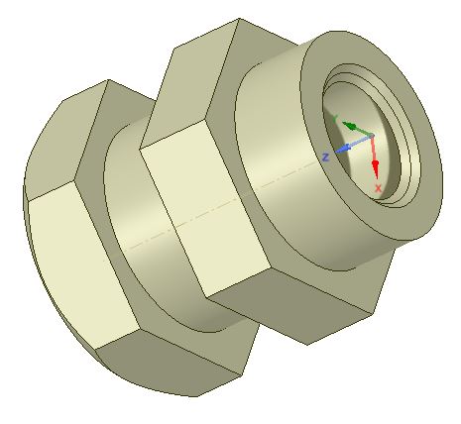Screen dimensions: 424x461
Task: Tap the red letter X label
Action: click(378, 186)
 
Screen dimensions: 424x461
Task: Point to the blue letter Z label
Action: click(326, 157)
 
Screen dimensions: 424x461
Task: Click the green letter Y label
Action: click(336, 118)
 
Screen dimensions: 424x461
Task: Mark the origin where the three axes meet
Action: click(371, 136)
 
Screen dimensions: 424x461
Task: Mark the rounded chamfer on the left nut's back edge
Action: click(28, 178)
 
